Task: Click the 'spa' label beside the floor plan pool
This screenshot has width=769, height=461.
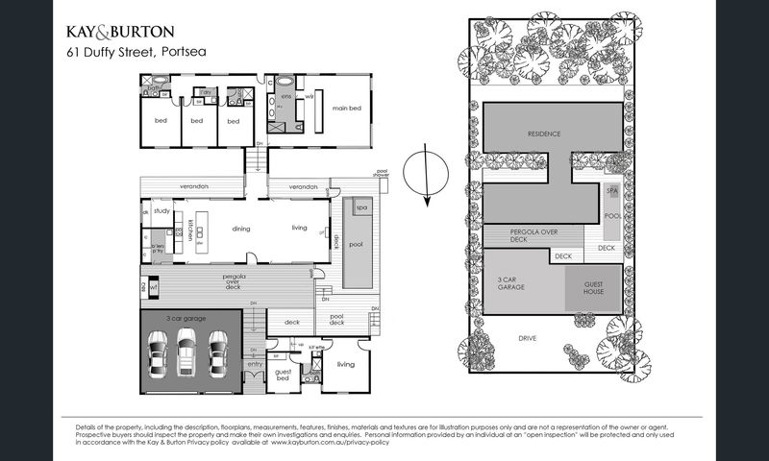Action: (362, 207)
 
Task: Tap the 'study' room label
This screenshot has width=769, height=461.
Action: (161, 211)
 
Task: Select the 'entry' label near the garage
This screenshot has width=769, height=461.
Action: (255, 364)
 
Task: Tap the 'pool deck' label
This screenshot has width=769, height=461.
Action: (336, 319)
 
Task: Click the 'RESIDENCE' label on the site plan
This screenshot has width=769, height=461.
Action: (543, 133)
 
